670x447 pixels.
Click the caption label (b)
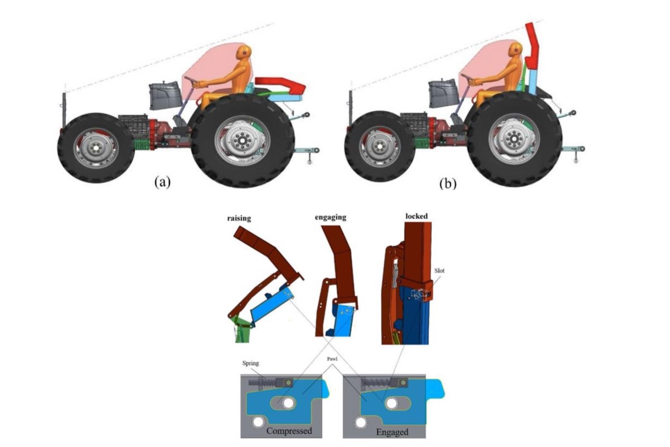coord(447,183)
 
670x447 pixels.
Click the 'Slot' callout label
coord(439,270)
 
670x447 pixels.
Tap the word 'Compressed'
coord(289,431)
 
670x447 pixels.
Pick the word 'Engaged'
coord(393,431)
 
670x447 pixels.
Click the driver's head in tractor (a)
coord(243,53)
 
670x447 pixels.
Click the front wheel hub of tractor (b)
coord(377,148)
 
